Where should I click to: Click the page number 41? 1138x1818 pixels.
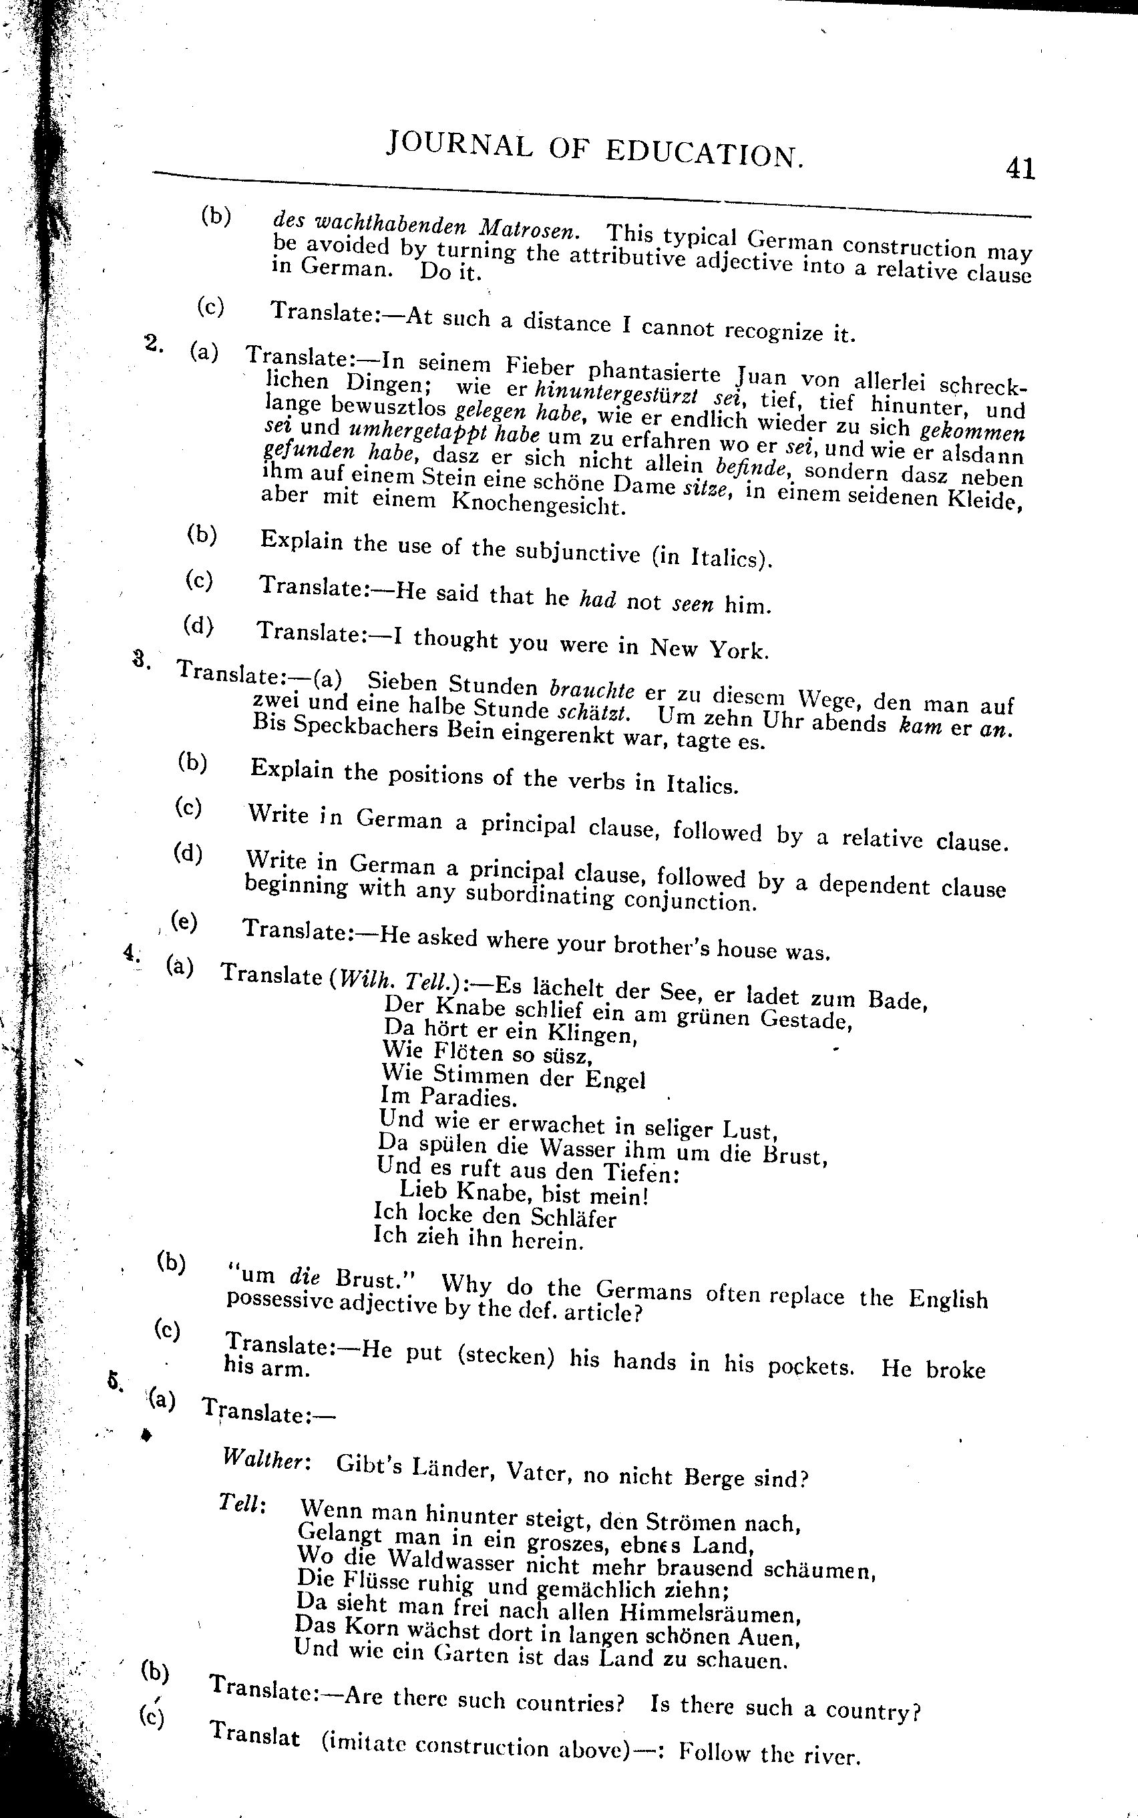pyautogui.click(x=1020, y=167)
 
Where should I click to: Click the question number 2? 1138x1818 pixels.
pyautogui.click(x=153, y=343)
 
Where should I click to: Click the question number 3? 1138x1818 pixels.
pyautogui.click(x=141, y=658)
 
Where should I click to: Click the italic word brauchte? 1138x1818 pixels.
pyautogui.click(x=592, y=690)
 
